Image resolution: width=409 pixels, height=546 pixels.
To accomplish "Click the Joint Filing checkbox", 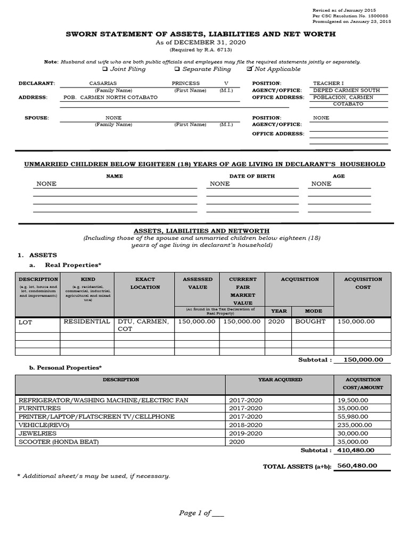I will [x=105, y=69].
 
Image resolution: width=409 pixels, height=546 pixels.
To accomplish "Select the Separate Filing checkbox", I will [x=177, y=69].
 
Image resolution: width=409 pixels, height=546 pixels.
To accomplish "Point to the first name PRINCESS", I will [x=186, y=83].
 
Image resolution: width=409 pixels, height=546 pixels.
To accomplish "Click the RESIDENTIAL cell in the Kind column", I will [x=87, y=322].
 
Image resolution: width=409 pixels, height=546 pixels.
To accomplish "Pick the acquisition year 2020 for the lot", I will [x=277, y=322].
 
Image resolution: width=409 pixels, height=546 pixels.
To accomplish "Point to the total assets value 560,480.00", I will [x=357, y=465].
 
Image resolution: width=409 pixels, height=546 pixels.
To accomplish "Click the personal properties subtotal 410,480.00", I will [x=356, y=450].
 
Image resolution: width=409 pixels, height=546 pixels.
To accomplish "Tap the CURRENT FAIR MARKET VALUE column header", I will [x=243, y=291].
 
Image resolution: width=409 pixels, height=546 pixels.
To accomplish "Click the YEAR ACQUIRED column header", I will [x=280, y=380].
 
